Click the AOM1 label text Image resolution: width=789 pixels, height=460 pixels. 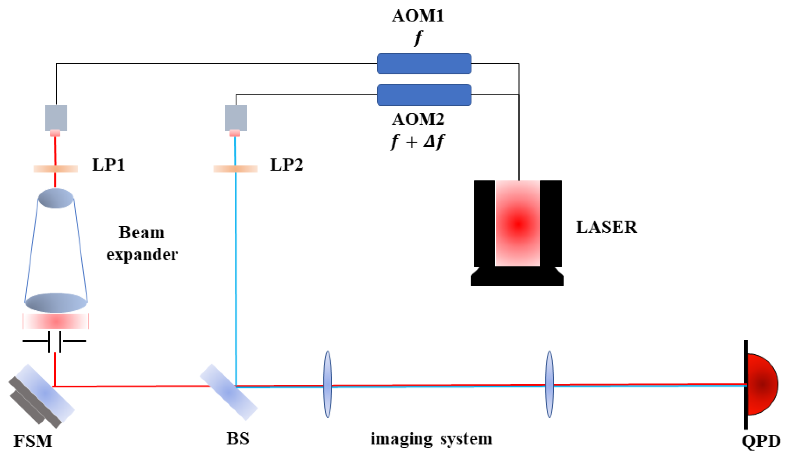coord(418,16)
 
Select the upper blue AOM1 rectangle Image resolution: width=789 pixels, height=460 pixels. coord(424,64)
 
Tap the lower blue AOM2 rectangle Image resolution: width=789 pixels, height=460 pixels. coord(424,94)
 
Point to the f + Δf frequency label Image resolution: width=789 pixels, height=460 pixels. coord(418,142)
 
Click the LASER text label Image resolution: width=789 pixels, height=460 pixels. coord(606,227)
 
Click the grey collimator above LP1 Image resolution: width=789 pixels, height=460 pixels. coord(56,118)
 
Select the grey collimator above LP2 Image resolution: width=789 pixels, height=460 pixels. coord(236,118)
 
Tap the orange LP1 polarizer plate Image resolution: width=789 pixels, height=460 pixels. coord(56,169)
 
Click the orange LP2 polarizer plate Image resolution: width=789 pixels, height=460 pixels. coord(235,169)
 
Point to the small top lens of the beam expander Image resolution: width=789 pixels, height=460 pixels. coord(56,198)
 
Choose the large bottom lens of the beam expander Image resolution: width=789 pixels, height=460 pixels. coord(56,303)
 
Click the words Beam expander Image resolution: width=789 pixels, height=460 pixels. coord(142,243)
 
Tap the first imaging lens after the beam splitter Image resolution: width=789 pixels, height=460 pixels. coord(327,384)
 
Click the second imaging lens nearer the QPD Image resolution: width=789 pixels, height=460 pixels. coord(550,384)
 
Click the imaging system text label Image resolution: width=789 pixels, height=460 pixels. coord(431,439)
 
